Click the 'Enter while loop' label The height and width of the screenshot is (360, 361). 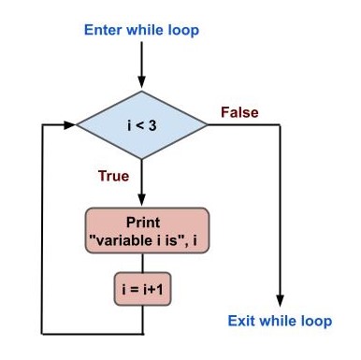coord(141,30)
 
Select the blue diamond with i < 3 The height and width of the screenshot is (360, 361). coord(141,124)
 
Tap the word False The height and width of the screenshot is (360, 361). coord(239,113)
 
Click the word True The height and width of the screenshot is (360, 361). coord(113,175)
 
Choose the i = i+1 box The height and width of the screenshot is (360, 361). coord(142,287)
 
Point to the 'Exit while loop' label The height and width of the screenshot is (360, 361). coord(281,322)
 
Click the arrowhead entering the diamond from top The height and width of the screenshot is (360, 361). coord(141,82)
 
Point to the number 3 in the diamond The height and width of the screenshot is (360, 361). coord(152,124)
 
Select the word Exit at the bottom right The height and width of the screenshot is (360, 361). coord(243,322)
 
